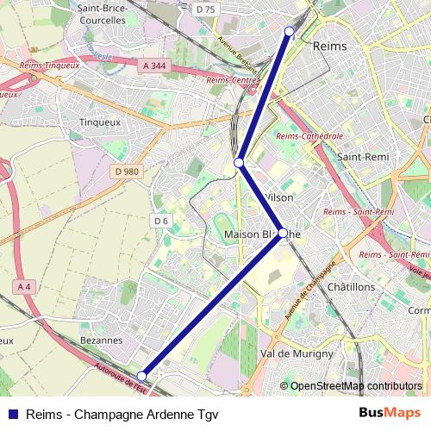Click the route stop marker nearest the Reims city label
click(289, 32)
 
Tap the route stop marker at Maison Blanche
click(282, 233)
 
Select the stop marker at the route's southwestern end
click(142, 375)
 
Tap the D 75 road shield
click(205, 9)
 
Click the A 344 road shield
click(153, 65)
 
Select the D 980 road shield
click(126, 172)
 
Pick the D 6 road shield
click(160, 222)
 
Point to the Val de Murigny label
click(296, 354)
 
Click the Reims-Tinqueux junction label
click(48, 64)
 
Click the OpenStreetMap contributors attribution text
click(357, 386)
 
